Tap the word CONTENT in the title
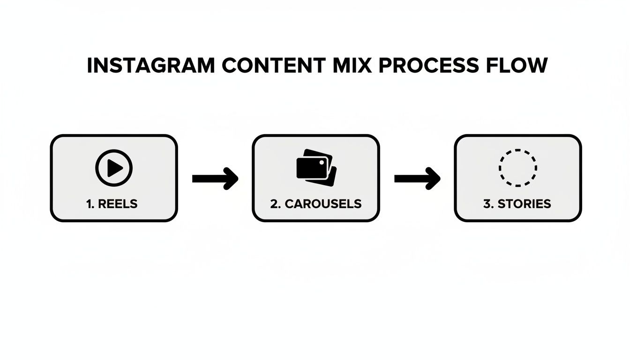[x=272, y=66]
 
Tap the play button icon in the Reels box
[x=114, y=168]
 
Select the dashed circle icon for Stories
[x=518, y=168]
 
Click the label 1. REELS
[x=112, y=204]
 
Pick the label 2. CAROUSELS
[x=316, y=204]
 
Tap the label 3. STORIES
[x=517, y=204]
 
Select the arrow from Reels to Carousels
[x=215, y=179]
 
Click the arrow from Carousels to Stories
[x=417, y=179]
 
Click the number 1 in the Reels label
[x=89, y=204]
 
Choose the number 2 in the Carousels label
[x=274, y=204]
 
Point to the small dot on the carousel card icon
[x=322, y=162]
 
